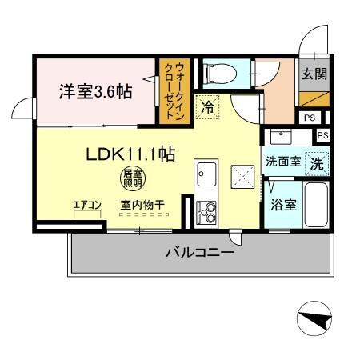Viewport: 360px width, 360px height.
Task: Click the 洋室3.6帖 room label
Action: [95, 91]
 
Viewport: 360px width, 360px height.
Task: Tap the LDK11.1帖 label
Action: [131, 154]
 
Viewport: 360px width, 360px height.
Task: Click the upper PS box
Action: [308, 118]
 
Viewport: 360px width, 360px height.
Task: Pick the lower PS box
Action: [322, 135]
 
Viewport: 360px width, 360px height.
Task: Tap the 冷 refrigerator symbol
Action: [208, 106]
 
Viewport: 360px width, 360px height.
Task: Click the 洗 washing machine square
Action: [318, 162]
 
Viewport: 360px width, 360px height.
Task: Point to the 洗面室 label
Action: [283, 161]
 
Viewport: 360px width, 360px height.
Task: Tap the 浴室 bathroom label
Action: [283, 204]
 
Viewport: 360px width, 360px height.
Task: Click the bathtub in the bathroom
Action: [316, 206]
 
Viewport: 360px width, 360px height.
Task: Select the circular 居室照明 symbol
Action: [131, 178]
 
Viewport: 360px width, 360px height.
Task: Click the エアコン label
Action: [87, 206]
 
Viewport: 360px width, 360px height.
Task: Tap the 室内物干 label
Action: [143, 206]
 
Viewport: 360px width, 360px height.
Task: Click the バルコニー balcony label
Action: [200, 253]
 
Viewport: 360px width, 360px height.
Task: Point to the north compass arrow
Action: [315, 321]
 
